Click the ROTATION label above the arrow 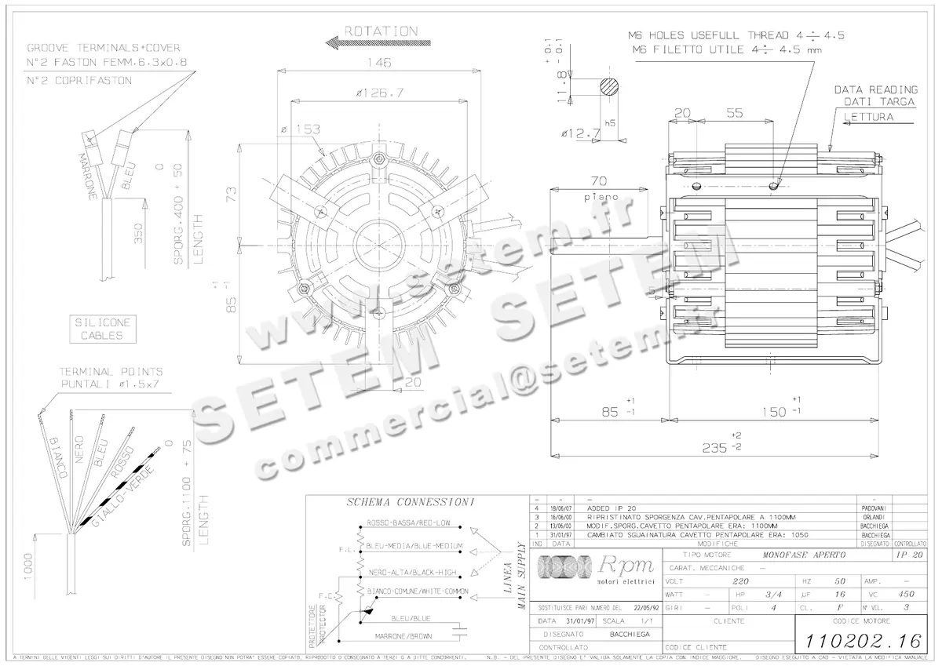coord(381,31)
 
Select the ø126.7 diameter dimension coord(379,93)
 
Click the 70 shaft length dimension coord(601,180)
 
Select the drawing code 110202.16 coord(858,640)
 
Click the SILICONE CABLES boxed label coord(102,329)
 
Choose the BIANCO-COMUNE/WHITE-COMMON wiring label coord(418,591)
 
